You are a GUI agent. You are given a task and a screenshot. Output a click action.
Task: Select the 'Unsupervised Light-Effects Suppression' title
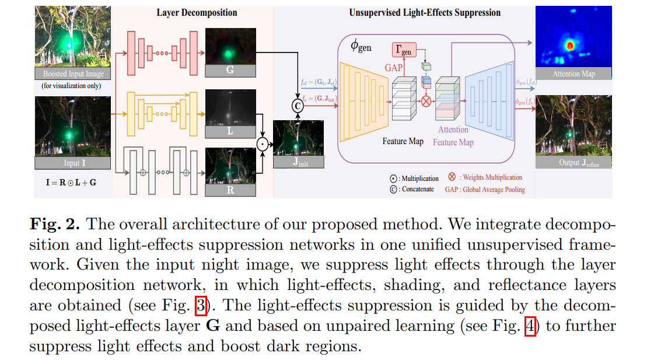click(x=424, y=12)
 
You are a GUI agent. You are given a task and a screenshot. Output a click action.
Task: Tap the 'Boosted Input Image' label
click(x=73, y=74)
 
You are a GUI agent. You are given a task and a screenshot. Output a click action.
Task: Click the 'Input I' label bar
click(x=72, y=163)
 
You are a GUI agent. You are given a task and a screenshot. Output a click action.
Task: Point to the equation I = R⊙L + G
click(x=71, y=183)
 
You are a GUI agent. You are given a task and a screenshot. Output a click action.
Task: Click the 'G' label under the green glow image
click(x=230, y=71)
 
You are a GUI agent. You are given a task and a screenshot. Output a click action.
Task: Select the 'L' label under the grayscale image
click(x=230, y=131)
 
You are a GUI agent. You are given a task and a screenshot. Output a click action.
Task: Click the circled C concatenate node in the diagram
click(x=298, y=106)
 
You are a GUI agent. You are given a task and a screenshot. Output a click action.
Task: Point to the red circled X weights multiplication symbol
click(x=426, y=100)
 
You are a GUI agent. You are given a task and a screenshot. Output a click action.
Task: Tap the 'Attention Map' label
click(x=573, y=74)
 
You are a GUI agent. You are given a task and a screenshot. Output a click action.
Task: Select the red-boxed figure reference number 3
click(x=200, y=306)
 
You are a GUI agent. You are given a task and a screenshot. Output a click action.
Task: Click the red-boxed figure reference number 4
click(x=530, y=326)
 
